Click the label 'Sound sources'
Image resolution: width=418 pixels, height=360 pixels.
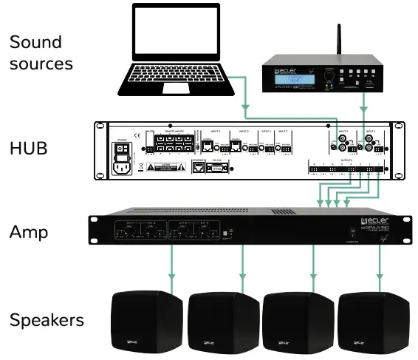41,52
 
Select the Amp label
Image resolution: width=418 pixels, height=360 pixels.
29,231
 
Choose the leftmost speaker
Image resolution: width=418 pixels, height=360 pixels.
146,322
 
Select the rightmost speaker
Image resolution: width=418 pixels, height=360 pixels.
374,322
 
